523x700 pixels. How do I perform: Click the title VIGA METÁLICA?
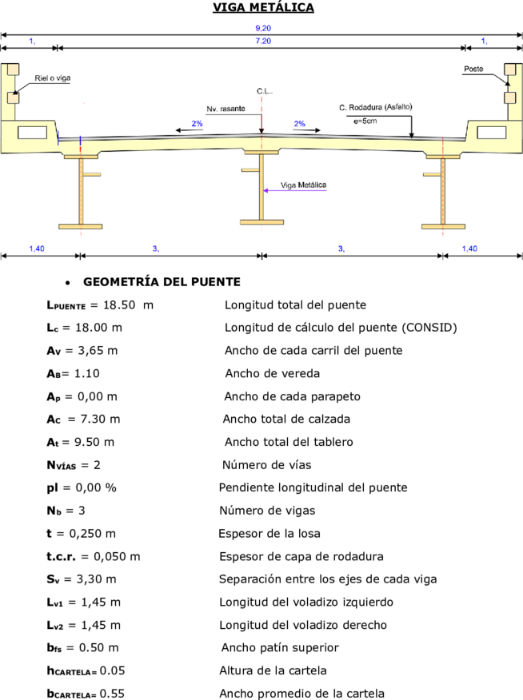263,7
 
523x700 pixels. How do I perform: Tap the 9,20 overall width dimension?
263,28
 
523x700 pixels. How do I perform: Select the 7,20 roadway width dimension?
263,41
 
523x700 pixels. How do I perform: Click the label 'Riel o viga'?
53,78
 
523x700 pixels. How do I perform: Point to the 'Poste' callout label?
473,69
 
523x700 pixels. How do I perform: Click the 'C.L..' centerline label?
265,91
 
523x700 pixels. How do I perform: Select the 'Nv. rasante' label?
226,109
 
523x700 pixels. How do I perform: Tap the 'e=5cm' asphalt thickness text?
365,121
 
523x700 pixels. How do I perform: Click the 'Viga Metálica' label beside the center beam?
303,185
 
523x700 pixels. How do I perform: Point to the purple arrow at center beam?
295,191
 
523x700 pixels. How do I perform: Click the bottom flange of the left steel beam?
81,226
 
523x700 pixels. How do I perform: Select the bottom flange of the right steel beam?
443,226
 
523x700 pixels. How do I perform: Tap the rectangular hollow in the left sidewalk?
32,133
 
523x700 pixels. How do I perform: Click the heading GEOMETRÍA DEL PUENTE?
162,282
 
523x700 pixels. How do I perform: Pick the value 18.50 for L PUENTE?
119,305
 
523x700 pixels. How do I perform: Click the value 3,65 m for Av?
98,351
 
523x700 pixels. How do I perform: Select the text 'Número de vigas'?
267,511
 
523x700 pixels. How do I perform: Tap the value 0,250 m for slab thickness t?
93,534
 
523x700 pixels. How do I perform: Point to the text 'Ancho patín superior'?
280,647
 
